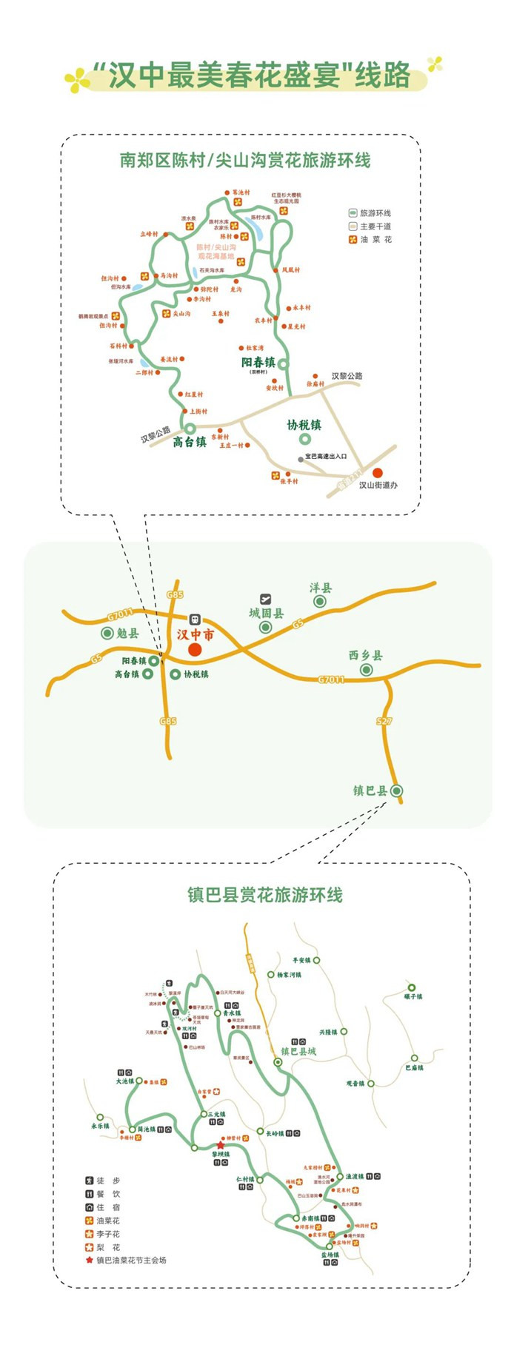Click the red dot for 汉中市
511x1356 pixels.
[195, 649]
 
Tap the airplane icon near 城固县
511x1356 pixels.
[265, 598]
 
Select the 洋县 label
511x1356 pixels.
[321, 588]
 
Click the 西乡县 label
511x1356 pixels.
[366, 655]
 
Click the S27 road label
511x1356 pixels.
[384, 719]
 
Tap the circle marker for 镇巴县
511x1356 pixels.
[397, 791]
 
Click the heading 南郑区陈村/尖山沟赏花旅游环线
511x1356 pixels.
[245, 160]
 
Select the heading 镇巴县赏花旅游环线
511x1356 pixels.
[265, 895]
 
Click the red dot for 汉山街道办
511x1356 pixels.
[378, 472]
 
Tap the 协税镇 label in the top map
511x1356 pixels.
[304, 425]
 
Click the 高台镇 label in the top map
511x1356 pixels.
[190, 443]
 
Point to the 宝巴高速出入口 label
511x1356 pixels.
[326, 457]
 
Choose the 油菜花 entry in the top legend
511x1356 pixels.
[375, 240]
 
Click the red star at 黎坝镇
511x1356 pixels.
[220, 1145]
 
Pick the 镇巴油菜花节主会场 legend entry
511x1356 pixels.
[131, 1260]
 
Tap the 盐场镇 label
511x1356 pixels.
[330, 1255]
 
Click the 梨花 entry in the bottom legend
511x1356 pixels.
[108, 1247]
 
